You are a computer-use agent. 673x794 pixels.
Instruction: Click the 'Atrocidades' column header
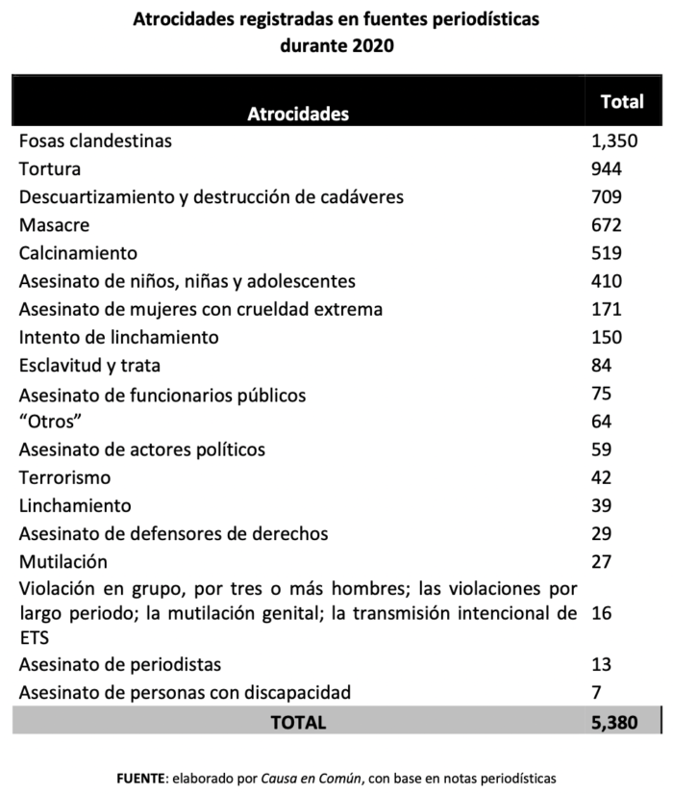coord(298,114)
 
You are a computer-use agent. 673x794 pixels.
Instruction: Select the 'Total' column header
coord(621,102)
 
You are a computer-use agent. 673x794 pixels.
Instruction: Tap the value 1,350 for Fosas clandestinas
coord(615,141)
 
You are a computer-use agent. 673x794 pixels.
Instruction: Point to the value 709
coord(608,197)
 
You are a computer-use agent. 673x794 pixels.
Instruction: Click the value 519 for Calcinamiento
coord(608,253)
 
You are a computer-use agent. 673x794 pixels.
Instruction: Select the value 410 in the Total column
coord(608,281)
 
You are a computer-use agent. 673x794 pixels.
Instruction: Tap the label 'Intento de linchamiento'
coord(119,337)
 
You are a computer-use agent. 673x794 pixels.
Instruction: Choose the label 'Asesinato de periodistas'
coord(120,664)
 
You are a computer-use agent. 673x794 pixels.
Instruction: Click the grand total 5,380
coord(615,721)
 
